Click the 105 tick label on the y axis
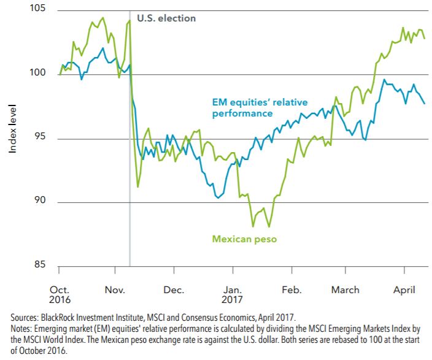(37, 7)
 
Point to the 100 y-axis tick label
(37, 72)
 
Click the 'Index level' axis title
(12, 129)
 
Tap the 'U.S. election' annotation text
(166, 18)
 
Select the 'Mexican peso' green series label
(244, 239)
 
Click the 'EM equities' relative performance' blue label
(260, 108)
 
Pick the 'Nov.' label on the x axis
(115, 289)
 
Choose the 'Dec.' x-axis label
(174, 289)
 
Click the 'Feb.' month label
(291, 289)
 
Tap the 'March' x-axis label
(345, 289)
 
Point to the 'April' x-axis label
(404, 290)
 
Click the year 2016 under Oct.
(60, 299)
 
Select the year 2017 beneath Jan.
(232, 299)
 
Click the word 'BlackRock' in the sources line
(58, 318)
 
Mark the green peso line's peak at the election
(129, 20)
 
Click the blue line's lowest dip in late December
(218, 197)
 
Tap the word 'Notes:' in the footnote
(21, 329)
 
